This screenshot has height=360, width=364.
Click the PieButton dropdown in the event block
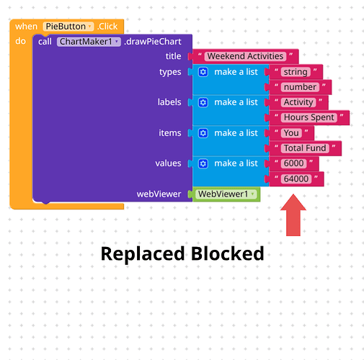pyautogui.click(x=68, y=27)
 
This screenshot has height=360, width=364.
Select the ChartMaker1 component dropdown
pyautogui.click(x=89, y=42)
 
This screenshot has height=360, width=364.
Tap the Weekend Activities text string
pyautogui.click(x=245, y=56)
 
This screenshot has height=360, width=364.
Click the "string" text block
pyautogui.click(x=296, y=72)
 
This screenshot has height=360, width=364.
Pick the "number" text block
pyautogui.click(x=300, y=87)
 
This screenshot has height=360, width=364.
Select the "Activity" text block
pyautogui.click(x=298, y=102)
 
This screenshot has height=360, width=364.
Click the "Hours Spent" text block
pyautogui.click(x=309, y=117)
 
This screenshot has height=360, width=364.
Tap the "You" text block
pyautogui.click(x=291, y=132)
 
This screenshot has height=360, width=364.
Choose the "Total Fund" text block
pyautogui.click(x=305, y=148)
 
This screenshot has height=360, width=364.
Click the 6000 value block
pyautogui.click(x=293, y=163)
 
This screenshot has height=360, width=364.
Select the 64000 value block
pyautogui.click(x=296, y=179)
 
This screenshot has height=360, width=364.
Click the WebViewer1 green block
pyautogui.click(x=226, y=194)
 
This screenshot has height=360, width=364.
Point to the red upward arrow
pyautogui.click(x=293, y=215)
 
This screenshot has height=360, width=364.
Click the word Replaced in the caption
pyautogui.click(x=143, y=253)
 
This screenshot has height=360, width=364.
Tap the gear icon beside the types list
pyautogui.click(x=203, y=72)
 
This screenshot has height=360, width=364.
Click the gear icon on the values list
pyautogui.click(x=203, y=163)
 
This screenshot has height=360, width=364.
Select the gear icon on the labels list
pyautogui.click(x=203, y=102)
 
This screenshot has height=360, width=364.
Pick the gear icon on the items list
pyautogui.click(x=203, y=133)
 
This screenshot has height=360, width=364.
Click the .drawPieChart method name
pyautogui.click(x=153, y=42)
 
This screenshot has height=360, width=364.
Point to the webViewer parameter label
pyautogui.click(x=159, y=194)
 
